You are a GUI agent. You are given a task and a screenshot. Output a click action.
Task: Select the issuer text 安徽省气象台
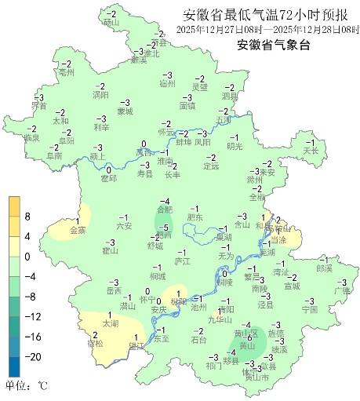pyautogui.click(x=273, y=45)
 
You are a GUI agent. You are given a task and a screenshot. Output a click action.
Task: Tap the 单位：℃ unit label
pyautogui.click(x=27, y=385)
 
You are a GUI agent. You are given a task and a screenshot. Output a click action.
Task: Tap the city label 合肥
pyautogui.click(x=165, y=210)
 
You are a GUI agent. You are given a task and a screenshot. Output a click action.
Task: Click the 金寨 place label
pyautogui.click(x=78, y=231)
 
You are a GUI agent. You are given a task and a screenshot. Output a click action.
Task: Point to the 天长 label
pyautogui.click(x=311, y=150)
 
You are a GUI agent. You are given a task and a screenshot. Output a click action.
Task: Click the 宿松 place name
pyautogui.click(x=94, y=343)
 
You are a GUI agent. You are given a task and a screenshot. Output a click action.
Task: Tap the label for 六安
pyautogui.click(x=124, y=225)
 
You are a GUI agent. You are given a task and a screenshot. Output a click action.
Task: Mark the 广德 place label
pyautogui.click(x=341, y=290)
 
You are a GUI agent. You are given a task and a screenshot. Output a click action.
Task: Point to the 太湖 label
pyautogui.click(x=111, y=323)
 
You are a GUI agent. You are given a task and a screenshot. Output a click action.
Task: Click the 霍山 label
pyautogui.click(x=110, y=251)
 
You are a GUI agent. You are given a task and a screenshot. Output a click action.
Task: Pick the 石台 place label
pyautogui.click(x=199, y=340)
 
